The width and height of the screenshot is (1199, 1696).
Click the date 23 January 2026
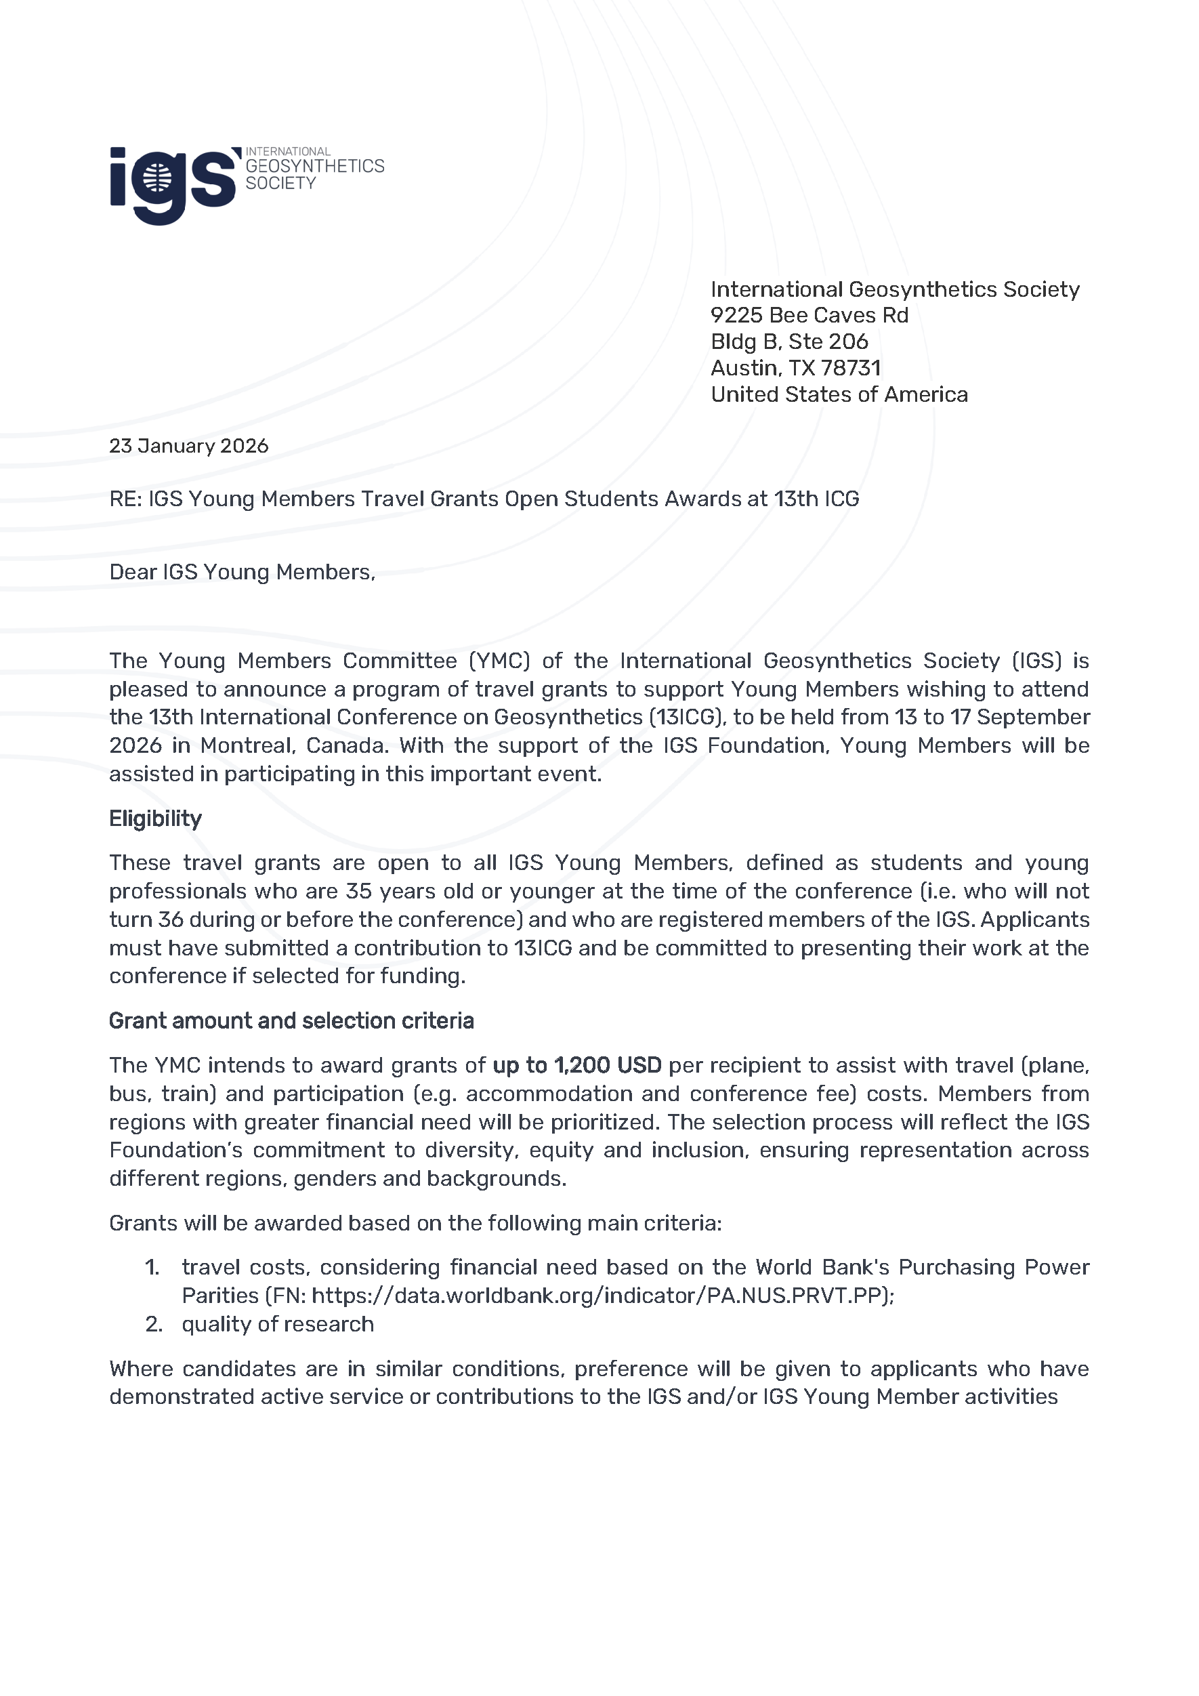tap(188, 446)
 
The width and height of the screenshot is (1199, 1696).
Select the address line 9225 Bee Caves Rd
tap(809, 315)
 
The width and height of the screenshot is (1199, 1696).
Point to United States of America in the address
tap(839, 394)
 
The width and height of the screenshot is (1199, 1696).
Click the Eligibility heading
tap(155, 819)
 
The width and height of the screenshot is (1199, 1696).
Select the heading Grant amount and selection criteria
tap(291, 1021)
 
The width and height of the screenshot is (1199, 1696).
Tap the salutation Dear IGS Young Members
tap(241, 573)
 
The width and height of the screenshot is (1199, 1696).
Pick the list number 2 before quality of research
tap(154, 1324)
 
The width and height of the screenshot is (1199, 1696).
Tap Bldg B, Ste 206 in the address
tap(788, 342)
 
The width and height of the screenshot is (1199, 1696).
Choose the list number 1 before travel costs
tap(152, 1268)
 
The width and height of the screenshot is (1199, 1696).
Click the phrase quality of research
tap(278, 1324)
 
